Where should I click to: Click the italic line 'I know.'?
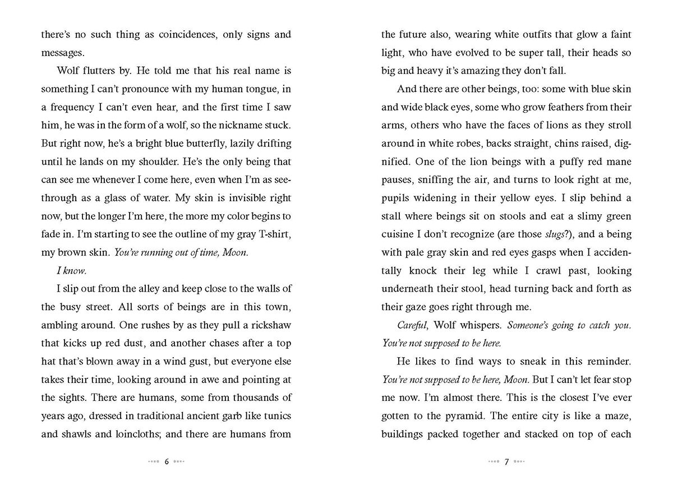(72, 271)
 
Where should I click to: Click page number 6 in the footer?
(167, 462)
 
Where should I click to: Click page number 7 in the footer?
(506, 462)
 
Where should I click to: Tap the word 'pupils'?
(396, 197)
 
